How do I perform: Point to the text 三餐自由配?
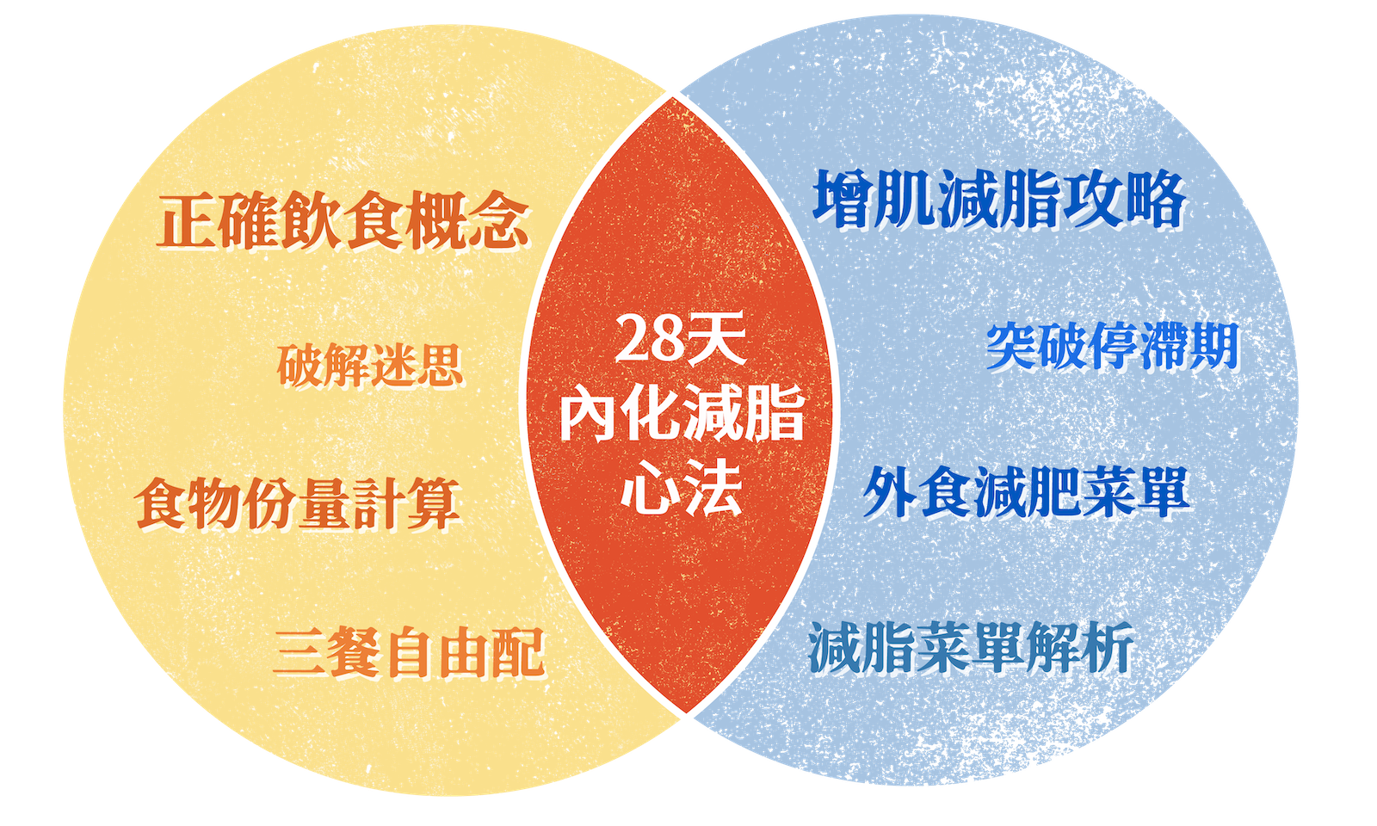point(409,652)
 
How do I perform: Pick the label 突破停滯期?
point(1112,346)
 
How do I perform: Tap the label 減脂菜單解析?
point(971,647)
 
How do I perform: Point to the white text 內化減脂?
point(682,415)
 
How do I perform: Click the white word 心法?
point(682,489)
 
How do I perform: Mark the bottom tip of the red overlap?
point(685,719)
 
